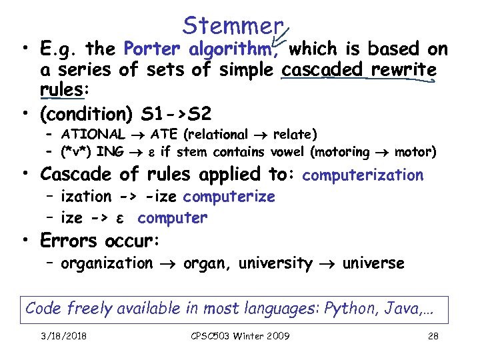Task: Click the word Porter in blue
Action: tap(152, 49)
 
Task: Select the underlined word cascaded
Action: tap(325, 69)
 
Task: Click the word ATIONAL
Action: tap(93, 135)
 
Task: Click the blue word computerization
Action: tap(363, 175)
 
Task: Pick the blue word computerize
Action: tap(229, 197)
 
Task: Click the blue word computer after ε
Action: tap(172, 218)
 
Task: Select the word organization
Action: tap(107, 263)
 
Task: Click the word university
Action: tap(275, 263)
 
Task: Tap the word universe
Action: tap(373, 263)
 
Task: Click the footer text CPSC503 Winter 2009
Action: tap(240, 336)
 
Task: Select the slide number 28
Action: tap(433, 336)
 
